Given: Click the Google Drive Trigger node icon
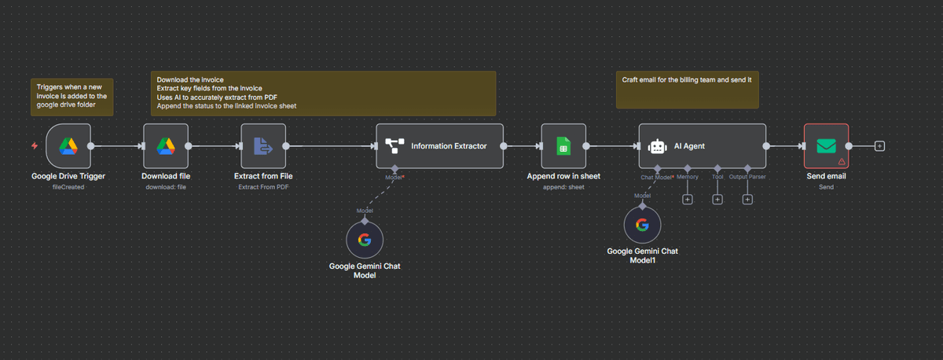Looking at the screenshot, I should pos(68,146).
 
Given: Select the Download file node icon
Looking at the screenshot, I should pos(166,146).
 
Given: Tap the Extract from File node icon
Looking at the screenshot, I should pos(263,146).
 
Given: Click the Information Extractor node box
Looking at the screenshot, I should pos(439,146).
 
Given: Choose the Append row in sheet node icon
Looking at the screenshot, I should pos(563,146).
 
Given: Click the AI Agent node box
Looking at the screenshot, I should pos(702,146).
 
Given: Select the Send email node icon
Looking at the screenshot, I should pos(826,146).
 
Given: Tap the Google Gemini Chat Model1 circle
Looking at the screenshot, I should pos(642,226).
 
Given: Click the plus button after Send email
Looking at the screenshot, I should pos(879,146).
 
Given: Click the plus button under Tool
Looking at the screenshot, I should pos(717,200).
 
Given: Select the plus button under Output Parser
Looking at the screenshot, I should pos(747,200).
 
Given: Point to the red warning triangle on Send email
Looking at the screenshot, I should pos(842,161).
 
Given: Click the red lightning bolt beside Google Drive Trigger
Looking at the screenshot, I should pos(34,146).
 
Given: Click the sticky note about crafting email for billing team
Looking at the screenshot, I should pos(687,90).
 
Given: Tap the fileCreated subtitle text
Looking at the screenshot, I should pos(68,187).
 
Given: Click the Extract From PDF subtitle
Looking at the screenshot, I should pos(263,187).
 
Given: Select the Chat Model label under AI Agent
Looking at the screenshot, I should pos(657,177).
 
